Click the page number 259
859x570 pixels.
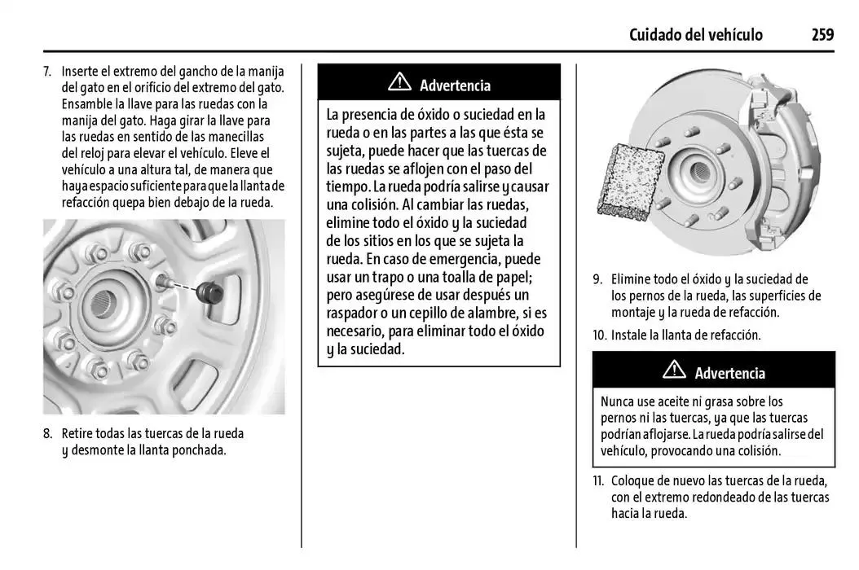click(x=822, y=34)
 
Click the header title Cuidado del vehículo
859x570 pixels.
click(x=695, y=34)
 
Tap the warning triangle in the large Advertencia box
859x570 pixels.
click(x=399, y=82)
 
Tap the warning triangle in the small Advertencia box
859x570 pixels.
click(x=674, y=370)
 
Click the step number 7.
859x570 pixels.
click(x=47, y=72)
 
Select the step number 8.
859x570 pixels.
click(x=47, y=434)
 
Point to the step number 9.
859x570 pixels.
click(x=597, y=279)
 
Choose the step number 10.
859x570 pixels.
click(x=600, y=335)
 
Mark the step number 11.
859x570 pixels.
click(x=599, y=480)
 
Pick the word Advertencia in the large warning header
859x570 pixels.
click(x=455, y=85)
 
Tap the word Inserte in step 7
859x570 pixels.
click(x=80, y=72)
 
